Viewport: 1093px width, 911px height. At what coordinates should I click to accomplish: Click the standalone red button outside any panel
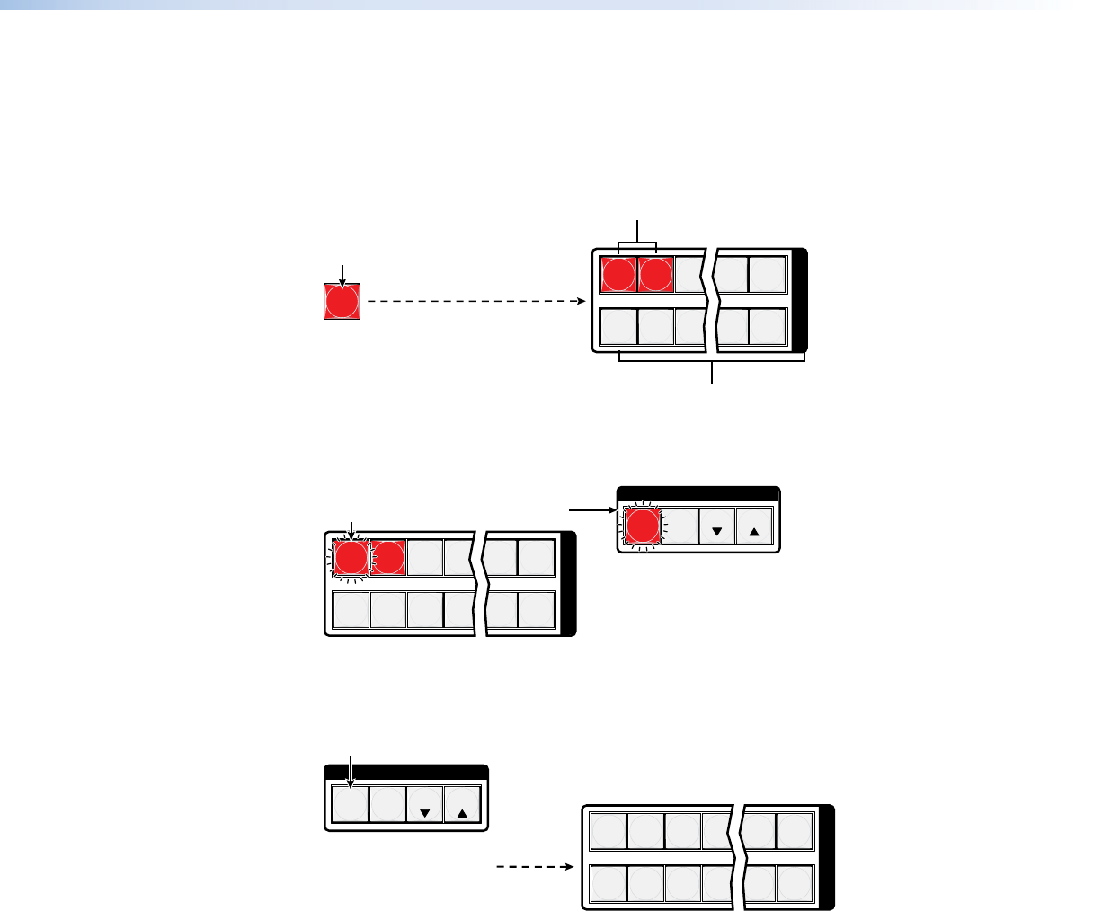click(x=342, y=302)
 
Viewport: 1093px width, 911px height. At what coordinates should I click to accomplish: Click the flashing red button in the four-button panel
click(x=643, y=526)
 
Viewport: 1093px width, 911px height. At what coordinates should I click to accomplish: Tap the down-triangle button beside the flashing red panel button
click(x=716, y=526)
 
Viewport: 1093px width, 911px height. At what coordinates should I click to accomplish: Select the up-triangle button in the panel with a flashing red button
click(x=754, y=526)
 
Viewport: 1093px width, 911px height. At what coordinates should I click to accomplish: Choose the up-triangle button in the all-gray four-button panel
click(x=462, y=804)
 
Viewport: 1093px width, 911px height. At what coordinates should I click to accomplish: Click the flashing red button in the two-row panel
click(x=351, y=558)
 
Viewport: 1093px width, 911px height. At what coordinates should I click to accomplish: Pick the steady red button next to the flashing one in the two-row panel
click(x=388, y=558)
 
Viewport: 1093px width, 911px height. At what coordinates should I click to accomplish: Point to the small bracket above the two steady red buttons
click(x=638, y=245)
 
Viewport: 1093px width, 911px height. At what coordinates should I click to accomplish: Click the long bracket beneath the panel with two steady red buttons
click(x=712, y=358)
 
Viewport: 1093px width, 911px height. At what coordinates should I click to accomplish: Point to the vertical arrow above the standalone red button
click(x=342, y=271)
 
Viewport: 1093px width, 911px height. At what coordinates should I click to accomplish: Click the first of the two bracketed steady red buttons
click(x=618, y=274)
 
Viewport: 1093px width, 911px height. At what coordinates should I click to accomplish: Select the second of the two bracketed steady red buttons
click(x=655, y=274)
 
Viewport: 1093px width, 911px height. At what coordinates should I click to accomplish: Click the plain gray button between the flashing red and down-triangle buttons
click(x=680, y=526)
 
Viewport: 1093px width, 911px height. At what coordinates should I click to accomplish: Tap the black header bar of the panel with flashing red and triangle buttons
click(x=698, y=493)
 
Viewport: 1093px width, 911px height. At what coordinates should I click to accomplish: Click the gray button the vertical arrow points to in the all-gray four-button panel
click(x=350, y=804)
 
